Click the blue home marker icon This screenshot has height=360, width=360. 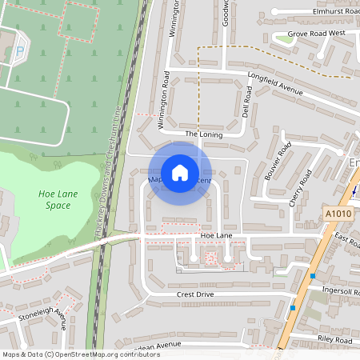click(180, 172)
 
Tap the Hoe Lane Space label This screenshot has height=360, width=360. click(54, 200)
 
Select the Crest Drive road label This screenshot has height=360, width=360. click(195, 294)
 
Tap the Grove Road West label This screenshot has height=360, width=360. click(316, 34)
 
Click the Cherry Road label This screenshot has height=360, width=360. click(301, 188)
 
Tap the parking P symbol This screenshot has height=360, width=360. click(19, 52)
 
